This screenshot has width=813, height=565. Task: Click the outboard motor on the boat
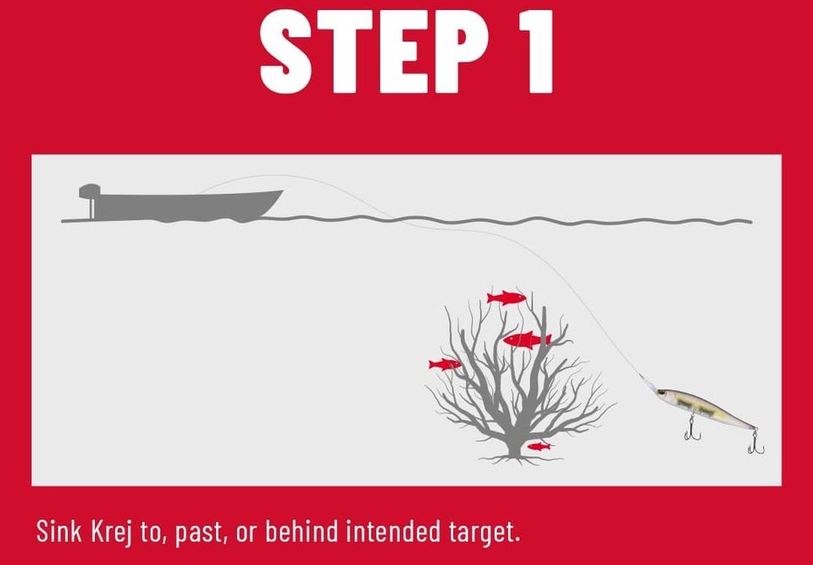tap(89, 200)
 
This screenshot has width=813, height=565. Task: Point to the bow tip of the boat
tap(283, 191)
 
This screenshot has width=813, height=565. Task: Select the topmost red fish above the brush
tap(506, 297)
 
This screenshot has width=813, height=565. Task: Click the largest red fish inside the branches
tap(527, 340)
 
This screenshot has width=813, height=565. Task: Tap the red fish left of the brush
tap(445, 364)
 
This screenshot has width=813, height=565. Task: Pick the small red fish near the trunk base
tap(539, 446)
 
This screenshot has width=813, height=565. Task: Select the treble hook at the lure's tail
tap(755, 442)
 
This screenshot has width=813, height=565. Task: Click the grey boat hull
tap(186, 206)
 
